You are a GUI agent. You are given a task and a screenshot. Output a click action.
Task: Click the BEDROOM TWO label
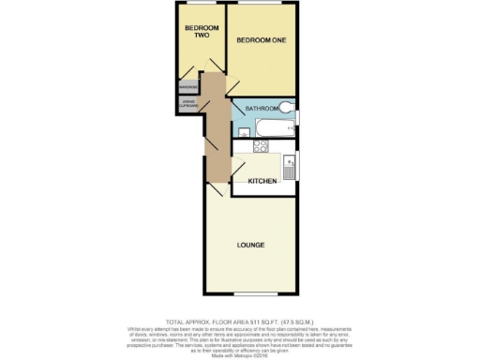click(201, 32)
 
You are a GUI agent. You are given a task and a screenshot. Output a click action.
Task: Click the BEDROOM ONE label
click(261, 41)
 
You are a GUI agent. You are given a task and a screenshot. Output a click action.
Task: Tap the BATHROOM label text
click(262, 109)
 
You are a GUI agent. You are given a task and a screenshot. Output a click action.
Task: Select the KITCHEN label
click(262, 180)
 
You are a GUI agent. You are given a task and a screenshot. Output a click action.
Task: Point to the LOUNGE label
click(250, 245)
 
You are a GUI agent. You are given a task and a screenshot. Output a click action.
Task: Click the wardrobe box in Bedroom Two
click(187, 88)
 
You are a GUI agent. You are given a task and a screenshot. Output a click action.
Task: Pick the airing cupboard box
click(187, 105)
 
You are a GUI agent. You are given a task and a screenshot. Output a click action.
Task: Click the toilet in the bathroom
click(287, 107)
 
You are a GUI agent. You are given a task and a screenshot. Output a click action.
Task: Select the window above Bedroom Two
click(202, 4)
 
